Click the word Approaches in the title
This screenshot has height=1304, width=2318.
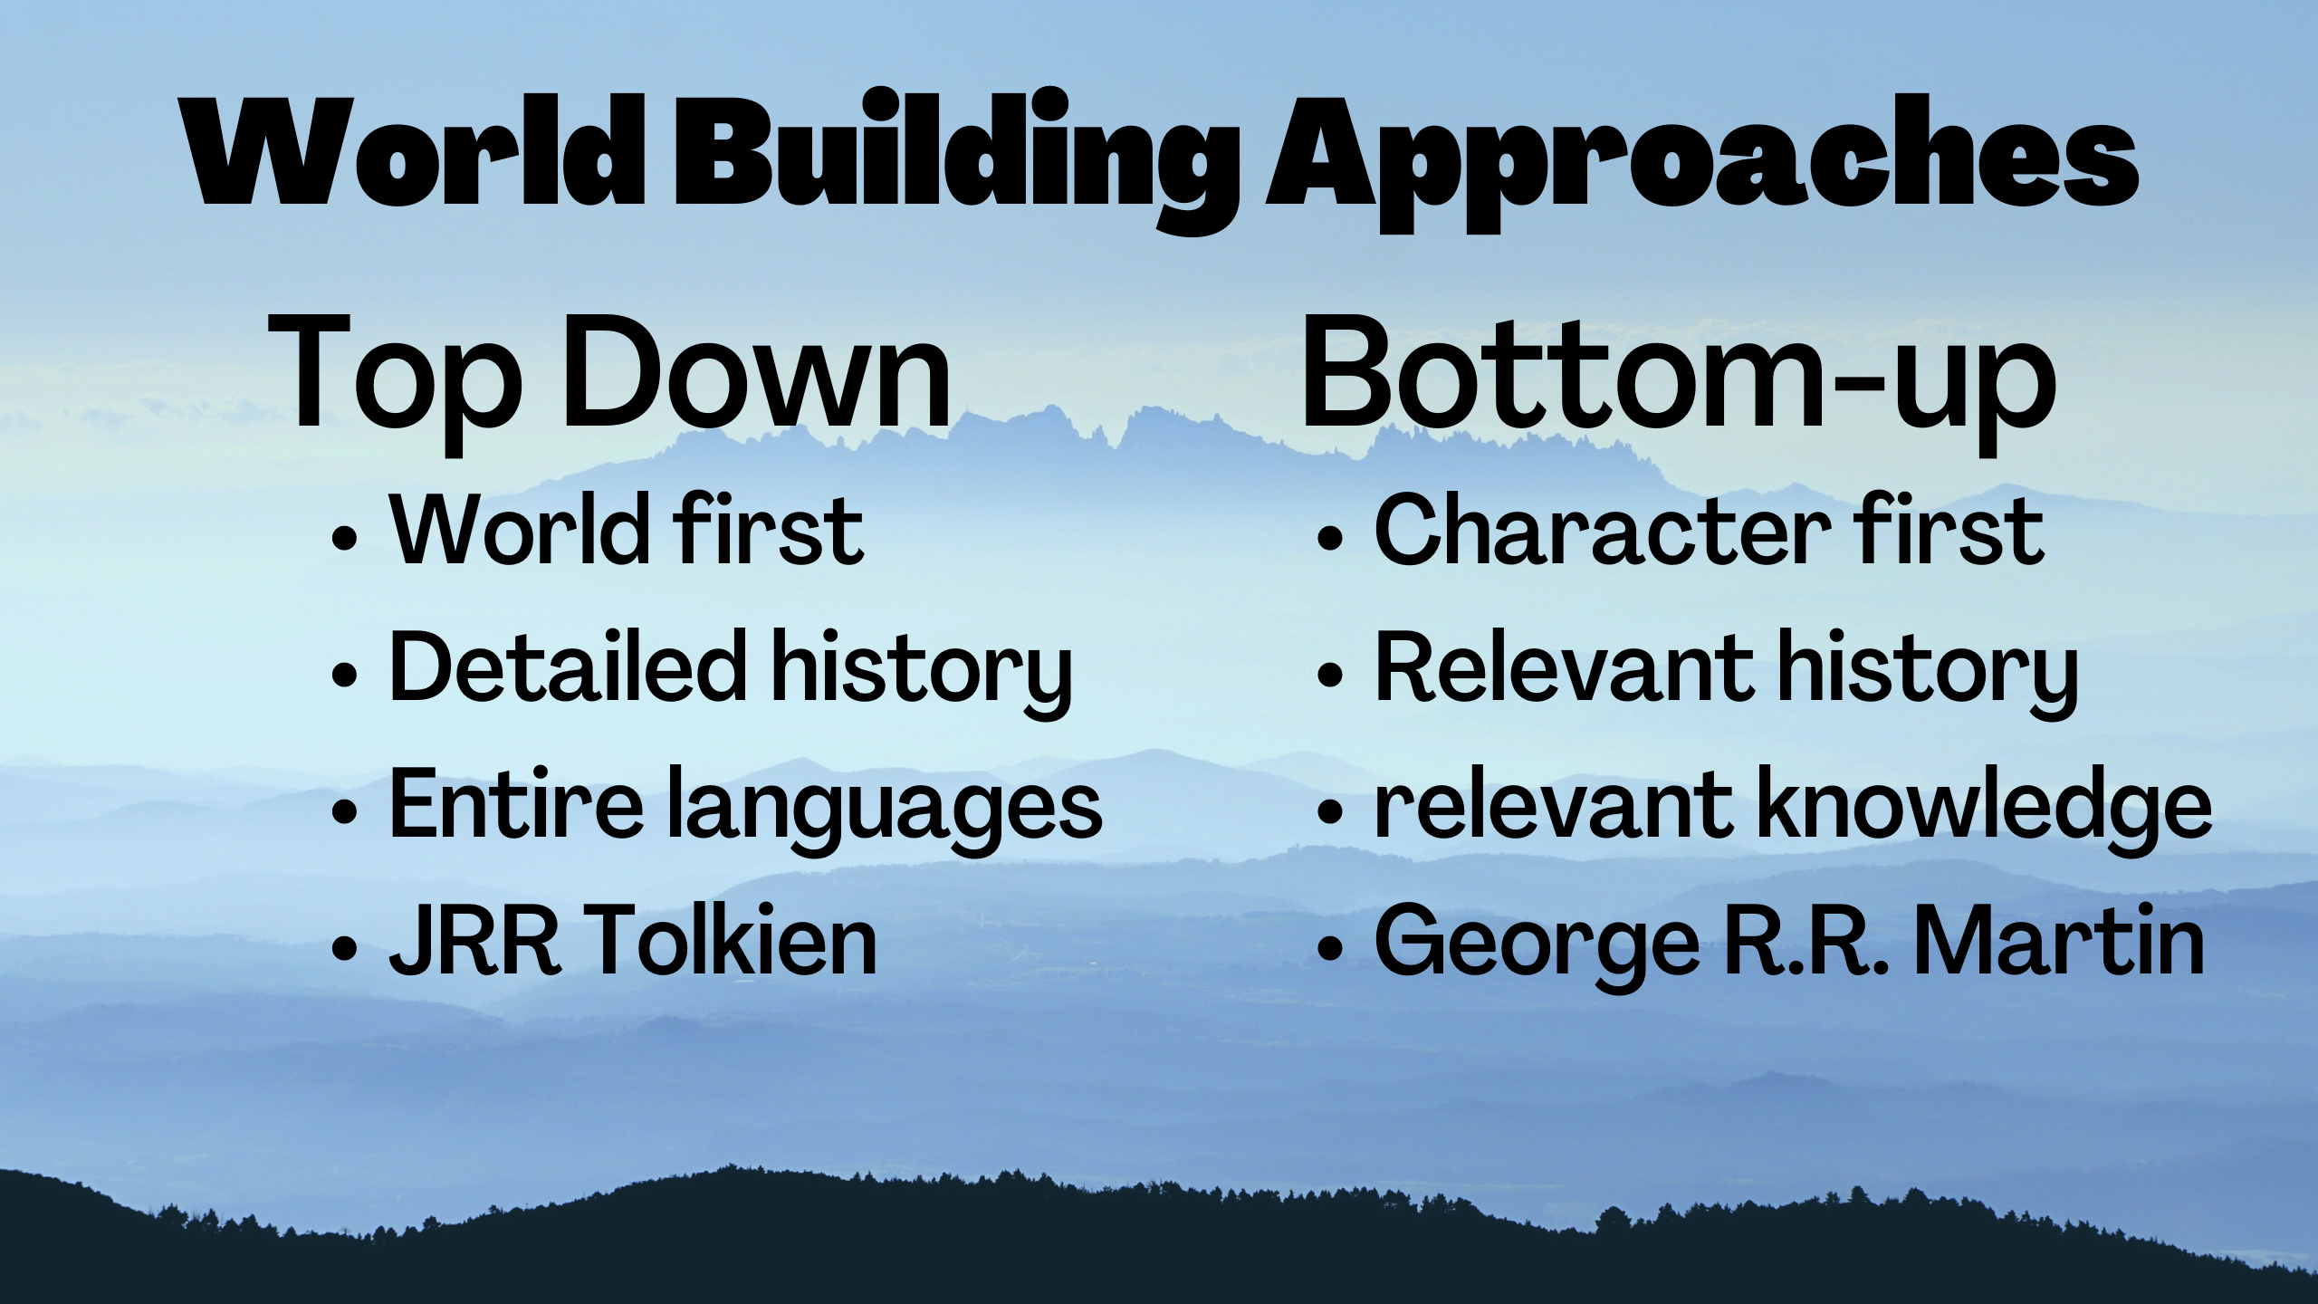1701,163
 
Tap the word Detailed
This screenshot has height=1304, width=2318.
569,666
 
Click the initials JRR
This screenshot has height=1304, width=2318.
475,941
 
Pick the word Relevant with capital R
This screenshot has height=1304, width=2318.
1564,666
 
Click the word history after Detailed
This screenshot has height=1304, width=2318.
922,674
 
